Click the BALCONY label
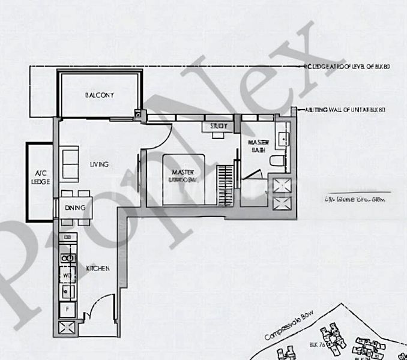pos(100,95)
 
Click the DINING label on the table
pos(76,208)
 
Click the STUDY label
pos(218,127)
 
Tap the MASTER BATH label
pos(258,145)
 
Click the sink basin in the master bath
pos(284,137)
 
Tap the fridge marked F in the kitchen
pos(67,310)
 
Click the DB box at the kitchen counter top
pos(67,238)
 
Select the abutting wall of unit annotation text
pos(345,110)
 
